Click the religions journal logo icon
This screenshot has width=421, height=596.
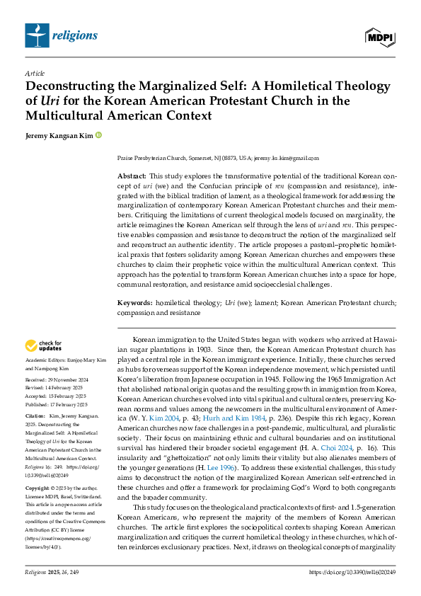tap(37, 35)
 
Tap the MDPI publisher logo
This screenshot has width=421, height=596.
tap(380, 36)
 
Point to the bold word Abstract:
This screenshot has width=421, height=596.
tap(132, 175)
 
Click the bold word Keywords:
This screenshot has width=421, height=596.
tap(134, 302)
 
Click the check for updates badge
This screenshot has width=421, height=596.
tap(44, 345)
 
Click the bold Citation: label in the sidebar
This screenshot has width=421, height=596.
tap(35, 414)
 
